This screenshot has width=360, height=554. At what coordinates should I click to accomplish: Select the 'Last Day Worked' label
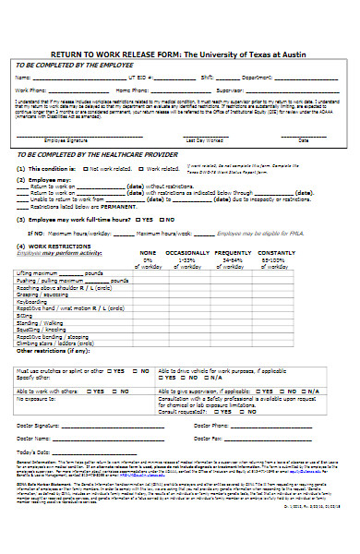coord(202,139)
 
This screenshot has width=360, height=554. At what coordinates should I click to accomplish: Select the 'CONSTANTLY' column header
coord(277,252)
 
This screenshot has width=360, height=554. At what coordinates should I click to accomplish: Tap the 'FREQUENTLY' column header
coord(234,252)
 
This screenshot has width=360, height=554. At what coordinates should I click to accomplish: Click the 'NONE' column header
coord(148,252)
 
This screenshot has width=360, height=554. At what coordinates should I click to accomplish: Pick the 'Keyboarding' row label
coord(32,301)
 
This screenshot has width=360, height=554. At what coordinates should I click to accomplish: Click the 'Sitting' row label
coord(25,314)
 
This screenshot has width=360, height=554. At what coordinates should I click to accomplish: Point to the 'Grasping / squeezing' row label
coord(42,295)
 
